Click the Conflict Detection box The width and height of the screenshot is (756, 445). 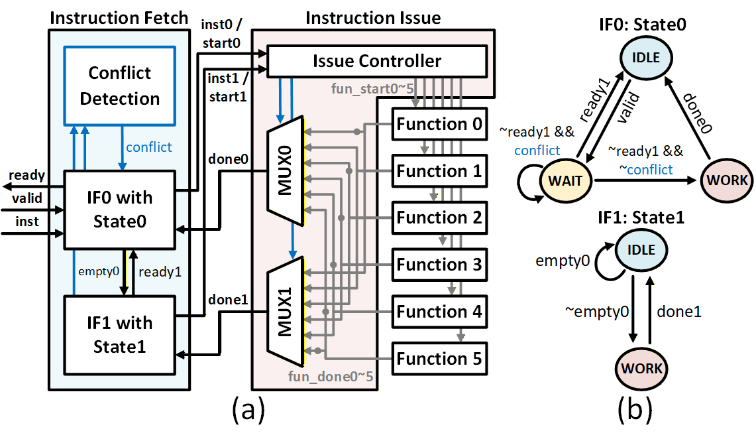(120, 86)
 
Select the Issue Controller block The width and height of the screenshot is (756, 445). (377, 62)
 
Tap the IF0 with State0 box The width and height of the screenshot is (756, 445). (119, 210)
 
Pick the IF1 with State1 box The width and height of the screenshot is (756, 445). (119, 335)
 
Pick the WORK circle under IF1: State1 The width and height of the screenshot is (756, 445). (639, 368)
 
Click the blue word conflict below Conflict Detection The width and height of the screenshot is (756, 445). (148, 147)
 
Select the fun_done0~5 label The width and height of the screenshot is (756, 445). (331, 377)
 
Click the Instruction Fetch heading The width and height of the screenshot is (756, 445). (119, 17)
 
